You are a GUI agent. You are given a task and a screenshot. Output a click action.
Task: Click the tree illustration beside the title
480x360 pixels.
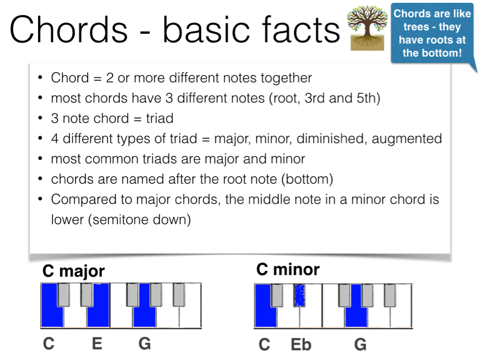pos(367,28)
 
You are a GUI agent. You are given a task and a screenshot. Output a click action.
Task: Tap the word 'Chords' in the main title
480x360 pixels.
pos(68,29)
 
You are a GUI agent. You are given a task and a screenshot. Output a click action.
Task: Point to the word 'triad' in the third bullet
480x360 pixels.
pos(159,118)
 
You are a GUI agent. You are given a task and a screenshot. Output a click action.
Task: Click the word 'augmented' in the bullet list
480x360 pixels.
pos(406,139)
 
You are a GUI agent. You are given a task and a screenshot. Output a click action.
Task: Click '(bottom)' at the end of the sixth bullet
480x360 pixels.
pos(307,179)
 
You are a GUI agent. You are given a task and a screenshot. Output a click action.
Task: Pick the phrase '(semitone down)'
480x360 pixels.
pos(140,219)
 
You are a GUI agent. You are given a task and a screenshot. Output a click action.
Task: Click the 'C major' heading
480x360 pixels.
pos(74,271)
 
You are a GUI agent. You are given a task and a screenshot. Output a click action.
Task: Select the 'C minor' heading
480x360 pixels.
pos(288,270)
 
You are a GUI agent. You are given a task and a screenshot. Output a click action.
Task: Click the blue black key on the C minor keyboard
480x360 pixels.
pos(299,296)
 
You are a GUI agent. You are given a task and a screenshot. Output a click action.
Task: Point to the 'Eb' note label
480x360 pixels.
pos(301,345)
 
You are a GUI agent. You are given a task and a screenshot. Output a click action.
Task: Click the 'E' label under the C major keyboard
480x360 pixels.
pos(97,344)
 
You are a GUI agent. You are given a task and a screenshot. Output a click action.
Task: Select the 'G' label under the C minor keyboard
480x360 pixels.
pos(360,345)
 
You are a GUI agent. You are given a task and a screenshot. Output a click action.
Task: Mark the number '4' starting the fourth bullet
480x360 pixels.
pos(55,139)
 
